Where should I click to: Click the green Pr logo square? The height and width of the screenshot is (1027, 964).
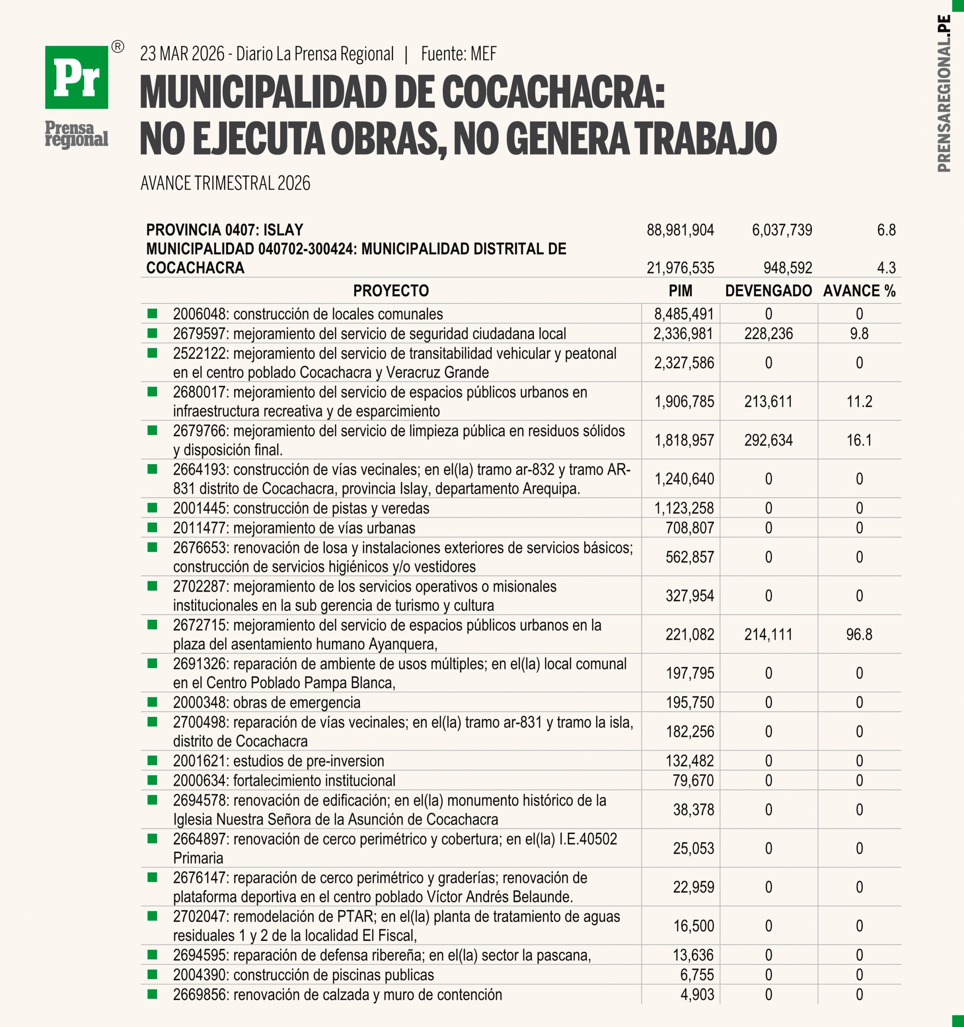coord(77,77)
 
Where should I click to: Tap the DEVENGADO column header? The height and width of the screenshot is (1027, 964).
coord(768,291)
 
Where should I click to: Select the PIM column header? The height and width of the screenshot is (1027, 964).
coord(680,291)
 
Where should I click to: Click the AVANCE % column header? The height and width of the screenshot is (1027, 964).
coord(859,291)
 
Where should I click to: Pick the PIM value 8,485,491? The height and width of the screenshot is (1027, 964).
coord(684,314)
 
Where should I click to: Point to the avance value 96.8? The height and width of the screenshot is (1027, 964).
coord(859,634)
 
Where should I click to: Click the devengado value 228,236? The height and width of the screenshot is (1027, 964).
coord(768,334)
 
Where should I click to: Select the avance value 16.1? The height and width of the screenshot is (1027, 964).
coord(859,440)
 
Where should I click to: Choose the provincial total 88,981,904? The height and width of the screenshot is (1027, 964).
coord(680,230)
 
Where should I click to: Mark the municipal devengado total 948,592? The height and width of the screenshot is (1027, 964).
coord(788,268)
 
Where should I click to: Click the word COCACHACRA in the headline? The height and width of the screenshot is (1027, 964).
coord(553,93)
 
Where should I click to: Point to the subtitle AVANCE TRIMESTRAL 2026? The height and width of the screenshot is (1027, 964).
coord(225,183)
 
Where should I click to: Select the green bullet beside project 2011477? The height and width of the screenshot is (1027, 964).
coord(152,528)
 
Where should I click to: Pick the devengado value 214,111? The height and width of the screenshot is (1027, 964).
coord(768,634)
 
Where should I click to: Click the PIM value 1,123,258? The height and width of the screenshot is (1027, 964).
coord(684,508)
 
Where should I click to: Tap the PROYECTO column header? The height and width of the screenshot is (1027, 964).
coord(391,291)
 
